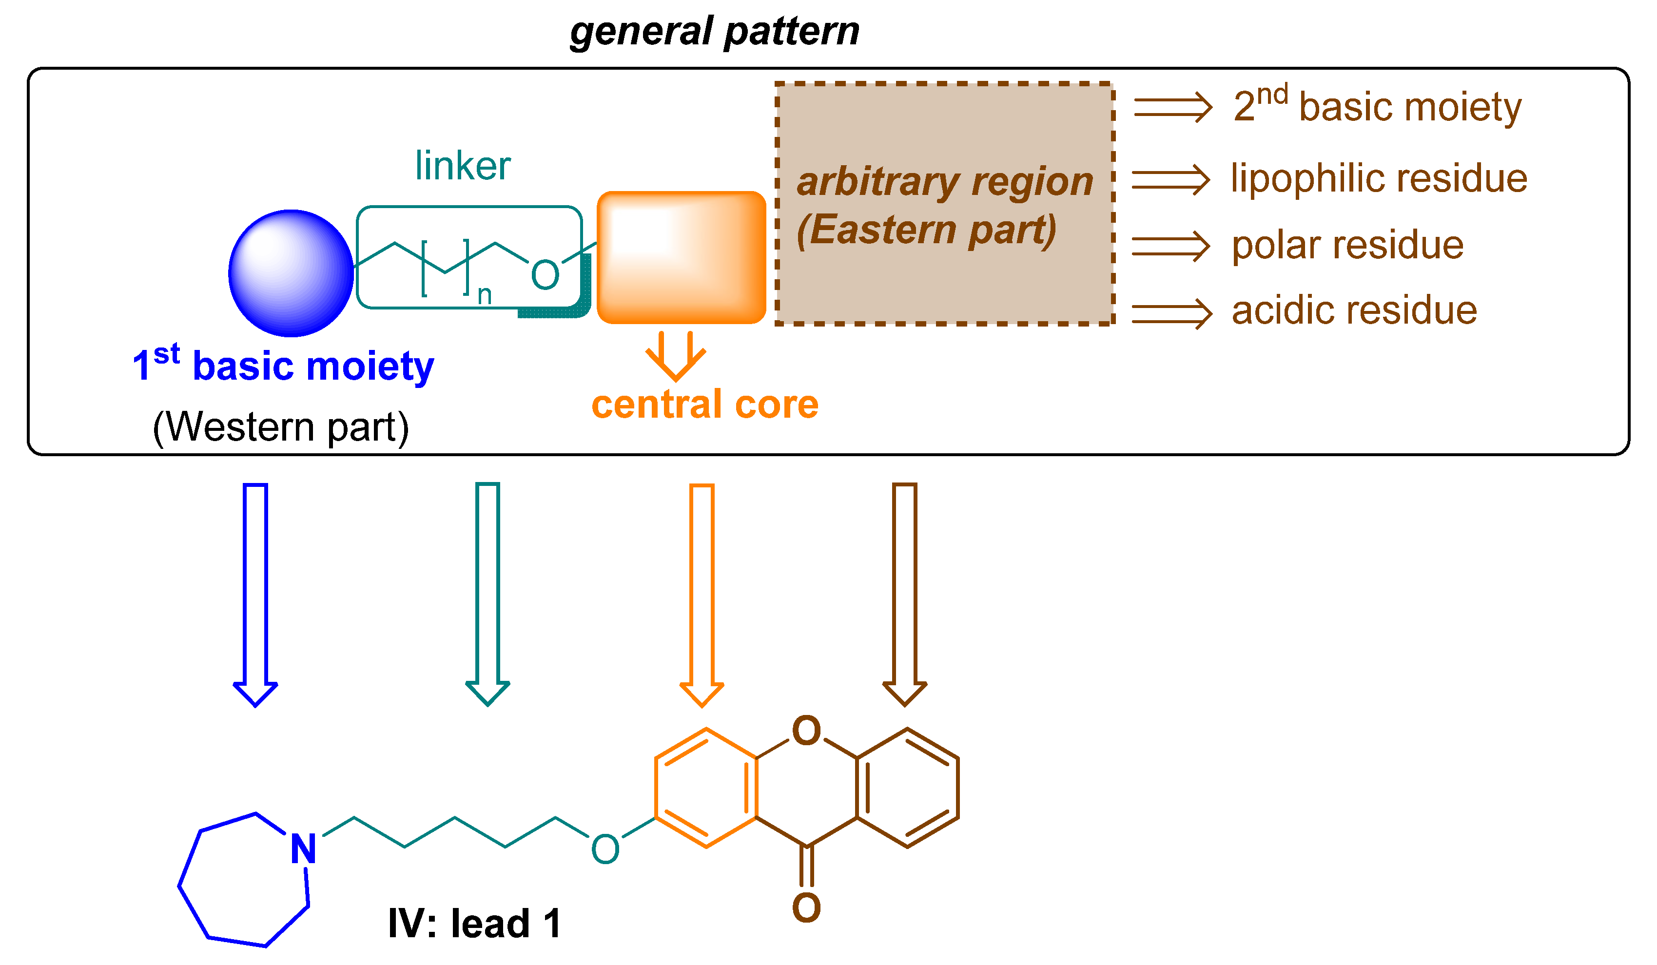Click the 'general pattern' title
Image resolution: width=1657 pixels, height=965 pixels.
(x=714, y=32)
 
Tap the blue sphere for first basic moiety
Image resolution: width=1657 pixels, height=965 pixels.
(x=291, y=273)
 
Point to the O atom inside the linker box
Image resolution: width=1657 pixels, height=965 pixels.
(x=545, y=275)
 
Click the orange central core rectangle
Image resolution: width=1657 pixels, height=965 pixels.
(x=681, y=258)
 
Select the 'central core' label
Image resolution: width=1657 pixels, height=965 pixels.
(x=704, y=404)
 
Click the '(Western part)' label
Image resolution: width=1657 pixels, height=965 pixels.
(x=280, y=427)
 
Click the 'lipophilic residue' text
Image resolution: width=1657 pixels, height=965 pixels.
(x=1378, y=178)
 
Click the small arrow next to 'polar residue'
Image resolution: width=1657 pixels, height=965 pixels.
(x=1170, y=247)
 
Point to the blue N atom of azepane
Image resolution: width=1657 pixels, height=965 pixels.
(x=303, y=849)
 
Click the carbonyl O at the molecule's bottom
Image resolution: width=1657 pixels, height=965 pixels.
(x=806, y=908)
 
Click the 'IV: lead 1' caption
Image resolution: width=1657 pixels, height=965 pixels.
(x=473, y=924)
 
